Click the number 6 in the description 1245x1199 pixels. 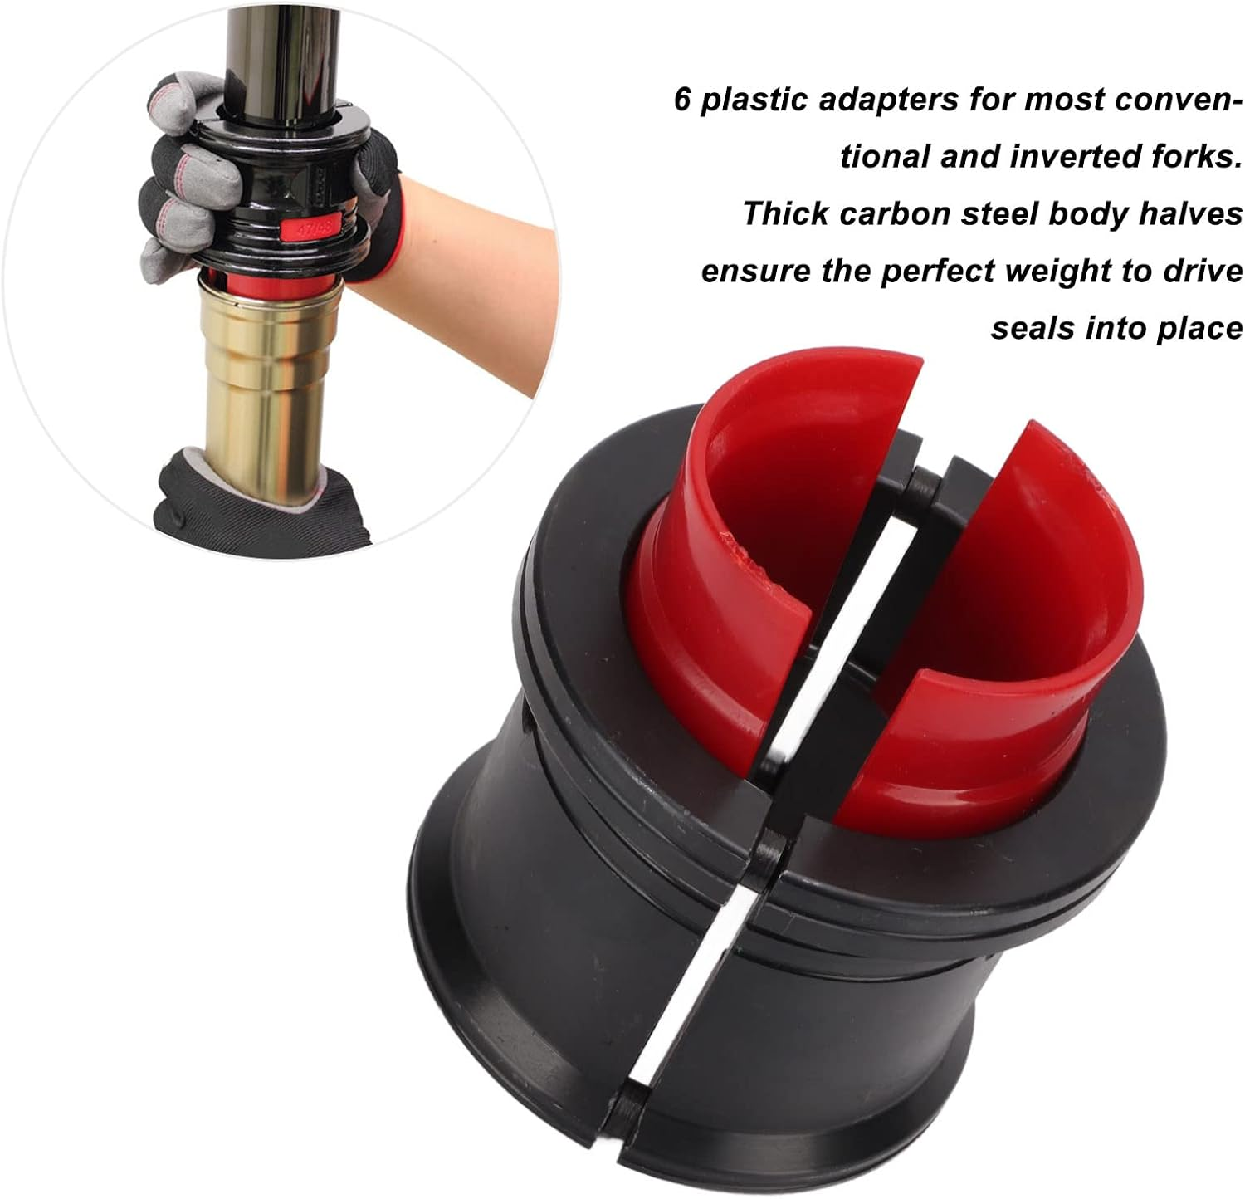click(x=683, y=99)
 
